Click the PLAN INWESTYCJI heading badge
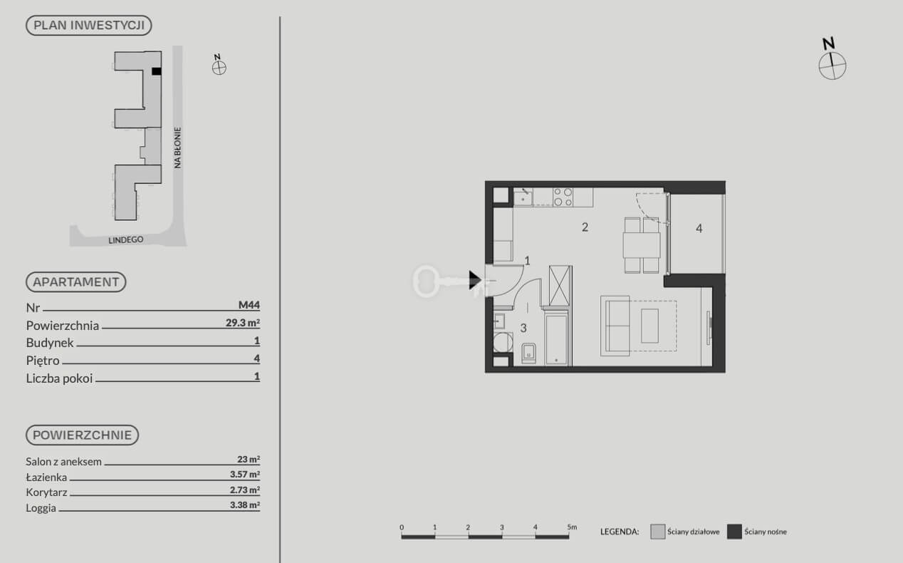click(89, 26)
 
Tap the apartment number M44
click(249, 305)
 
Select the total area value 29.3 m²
click(242, 323)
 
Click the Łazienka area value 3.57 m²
click(245, 475)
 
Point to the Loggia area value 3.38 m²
click(245, 505)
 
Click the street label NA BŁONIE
click(177, 148)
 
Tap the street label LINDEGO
click(126, 240)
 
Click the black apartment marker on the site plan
click(157, 71)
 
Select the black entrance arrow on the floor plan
click(475, 280)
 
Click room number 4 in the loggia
click(699, 229)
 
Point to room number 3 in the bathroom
click(523, 329)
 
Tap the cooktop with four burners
click(563, 197)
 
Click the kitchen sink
click(523, 198)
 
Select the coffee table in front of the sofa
click(649, 326)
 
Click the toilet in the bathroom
click(528, 353)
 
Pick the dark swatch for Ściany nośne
click(734, 532)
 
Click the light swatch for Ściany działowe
click(658, 532)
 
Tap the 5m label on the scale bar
click(572, 527)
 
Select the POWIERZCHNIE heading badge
click(82, 435)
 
